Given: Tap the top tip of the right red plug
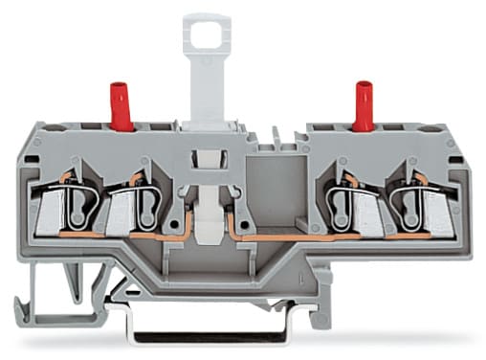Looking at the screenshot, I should click(x=364, y=84).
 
